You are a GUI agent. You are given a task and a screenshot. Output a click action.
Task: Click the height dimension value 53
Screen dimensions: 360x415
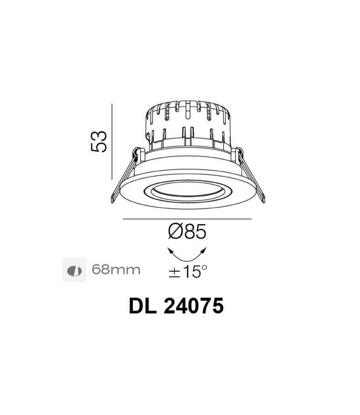point(99,142)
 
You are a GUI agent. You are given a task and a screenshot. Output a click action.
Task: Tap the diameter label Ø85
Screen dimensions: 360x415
point(187,232)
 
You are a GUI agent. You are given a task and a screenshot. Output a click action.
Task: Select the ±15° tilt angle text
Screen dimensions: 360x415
point(188,271)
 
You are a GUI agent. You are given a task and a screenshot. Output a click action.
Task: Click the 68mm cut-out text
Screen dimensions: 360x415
point(116,269)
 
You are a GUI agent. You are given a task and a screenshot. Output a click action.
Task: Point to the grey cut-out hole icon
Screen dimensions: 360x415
point(74,269)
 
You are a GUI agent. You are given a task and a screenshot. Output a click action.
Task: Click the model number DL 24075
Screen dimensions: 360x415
point(176,306)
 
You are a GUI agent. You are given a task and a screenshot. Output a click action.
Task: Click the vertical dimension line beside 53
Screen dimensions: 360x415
point(112,142)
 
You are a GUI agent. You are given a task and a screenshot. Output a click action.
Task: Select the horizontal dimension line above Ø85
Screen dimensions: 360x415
point(187,219)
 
